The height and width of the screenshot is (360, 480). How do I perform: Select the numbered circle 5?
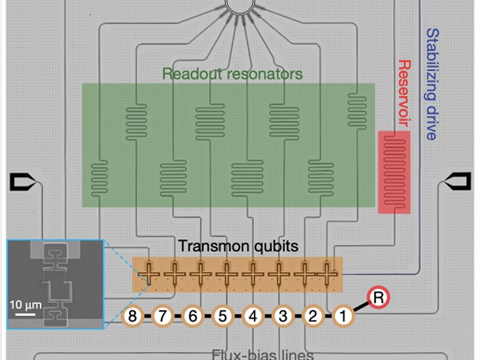click(222, 316)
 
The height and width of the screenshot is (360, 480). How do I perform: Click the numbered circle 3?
click(283, 316)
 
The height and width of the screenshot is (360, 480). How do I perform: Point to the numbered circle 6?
click(192, 316)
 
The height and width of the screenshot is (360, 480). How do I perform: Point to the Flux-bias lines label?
click(262, 353)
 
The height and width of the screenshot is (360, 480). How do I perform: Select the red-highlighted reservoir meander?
click(394, 172)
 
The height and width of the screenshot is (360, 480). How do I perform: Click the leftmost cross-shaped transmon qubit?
click(148, 274)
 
